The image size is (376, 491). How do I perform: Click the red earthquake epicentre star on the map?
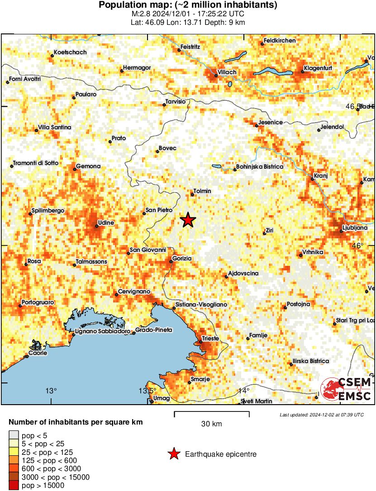click(x=188, y=220)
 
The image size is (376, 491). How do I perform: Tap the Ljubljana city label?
click(x=355, y=228)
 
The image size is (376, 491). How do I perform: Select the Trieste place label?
click(x=210, y=338)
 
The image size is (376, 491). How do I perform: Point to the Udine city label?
click(x=105, y=223)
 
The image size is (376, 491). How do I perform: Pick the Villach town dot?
click(x=216, y=76)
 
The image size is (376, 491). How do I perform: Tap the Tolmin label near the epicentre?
click(x=202, y=191)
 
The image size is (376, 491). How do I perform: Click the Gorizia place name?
click(x=182, y=259)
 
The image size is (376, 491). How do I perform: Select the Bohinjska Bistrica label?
click(x=260, y=167)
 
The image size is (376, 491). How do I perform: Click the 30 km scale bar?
click(x=211, y=414)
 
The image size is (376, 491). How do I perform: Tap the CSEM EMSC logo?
click(x=346, y=389)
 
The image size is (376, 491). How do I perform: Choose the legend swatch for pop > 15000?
click(x=14, y=486)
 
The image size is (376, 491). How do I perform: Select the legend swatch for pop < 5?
click(x=14, y=436)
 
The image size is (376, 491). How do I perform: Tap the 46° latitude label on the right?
click(x=358, y=245)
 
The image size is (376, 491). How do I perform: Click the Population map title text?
click(x=188, y=5)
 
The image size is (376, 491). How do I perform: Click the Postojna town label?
click(x=299, y=304)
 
